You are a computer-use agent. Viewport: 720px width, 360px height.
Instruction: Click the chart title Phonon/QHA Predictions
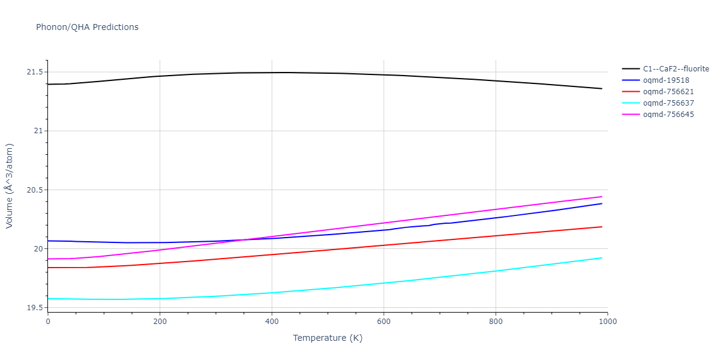[x=87, y=27]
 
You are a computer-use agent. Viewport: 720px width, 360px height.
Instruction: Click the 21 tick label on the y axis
[x=38, y=131]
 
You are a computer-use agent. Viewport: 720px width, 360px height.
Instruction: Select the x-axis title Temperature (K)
[x=328, y=338]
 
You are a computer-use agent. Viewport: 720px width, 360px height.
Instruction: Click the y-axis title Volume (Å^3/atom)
[x=10, y=185]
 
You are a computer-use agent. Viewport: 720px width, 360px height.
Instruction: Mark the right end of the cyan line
[x=602, y=258]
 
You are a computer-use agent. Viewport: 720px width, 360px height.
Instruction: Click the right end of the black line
[x=602, y=89]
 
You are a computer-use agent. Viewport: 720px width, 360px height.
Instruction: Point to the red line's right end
[x=602, y=227]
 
